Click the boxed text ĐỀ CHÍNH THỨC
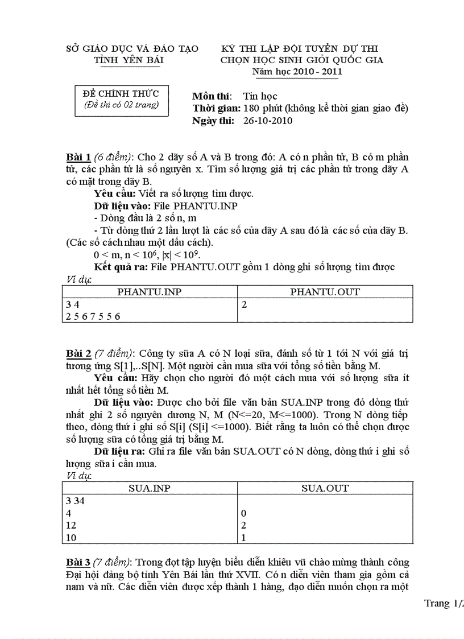121,93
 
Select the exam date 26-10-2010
268,121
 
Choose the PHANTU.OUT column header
325,292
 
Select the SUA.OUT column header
325,488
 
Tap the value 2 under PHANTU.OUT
245,305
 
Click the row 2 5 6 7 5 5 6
93,316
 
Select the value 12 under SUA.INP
71,525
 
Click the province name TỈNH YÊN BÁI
130,60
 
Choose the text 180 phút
263,108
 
